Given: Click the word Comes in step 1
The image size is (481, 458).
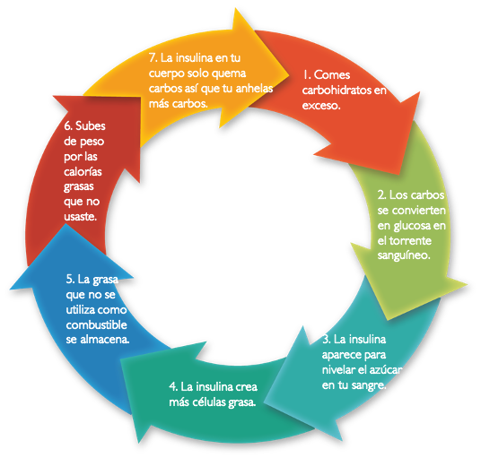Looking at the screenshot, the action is tap(332, 75).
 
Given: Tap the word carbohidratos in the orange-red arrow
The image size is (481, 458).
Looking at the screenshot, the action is tap(337, 90).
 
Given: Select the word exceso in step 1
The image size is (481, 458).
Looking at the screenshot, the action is tap(321, 106).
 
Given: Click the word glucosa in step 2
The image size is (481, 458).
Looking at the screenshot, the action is tap(412, 227).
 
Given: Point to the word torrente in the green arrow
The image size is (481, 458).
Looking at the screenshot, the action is tap(410, 240).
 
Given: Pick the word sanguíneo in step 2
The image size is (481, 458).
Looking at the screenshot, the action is tap(404, 255).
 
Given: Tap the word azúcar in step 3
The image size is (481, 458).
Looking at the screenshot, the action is tap(385, 370).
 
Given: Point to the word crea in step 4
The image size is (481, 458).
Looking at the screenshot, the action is tap(246, 387).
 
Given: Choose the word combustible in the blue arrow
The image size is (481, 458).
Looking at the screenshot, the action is tap(96, 324).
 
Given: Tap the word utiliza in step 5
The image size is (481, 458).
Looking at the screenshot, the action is tap(81, 310).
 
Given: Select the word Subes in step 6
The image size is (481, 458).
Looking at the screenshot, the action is tap(90, 125).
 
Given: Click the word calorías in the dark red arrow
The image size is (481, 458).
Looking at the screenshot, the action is tap(83, 171).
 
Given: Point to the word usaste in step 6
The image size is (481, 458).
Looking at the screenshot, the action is tap(81, 217).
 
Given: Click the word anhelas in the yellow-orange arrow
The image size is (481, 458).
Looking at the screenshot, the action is tap(254, 89).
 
